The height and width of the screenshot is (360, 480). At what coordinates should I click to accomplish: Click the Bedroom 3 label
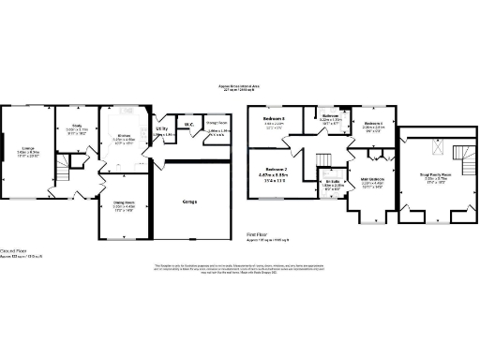pos(274,119)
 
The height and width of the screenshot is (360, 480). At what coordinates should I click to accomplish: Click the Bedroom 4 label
pos(374,124)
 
